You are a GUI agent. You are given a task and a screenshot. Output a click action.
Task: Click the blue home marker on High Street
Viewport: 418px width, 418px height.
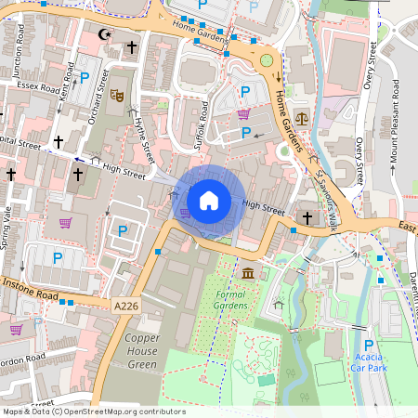tap(209, 200)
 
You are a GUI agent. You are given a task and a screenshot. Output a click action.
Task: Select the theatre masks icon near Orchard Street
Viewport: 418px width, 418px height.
tap(117, 94)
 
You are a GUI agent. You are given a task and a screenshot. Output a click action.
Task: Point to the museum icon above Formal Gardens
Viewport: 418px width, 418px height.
tap(249, 273)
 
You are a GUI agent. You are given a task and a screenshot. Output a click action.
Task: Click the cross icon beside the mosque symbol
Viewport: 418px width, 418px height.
tap(132, 46)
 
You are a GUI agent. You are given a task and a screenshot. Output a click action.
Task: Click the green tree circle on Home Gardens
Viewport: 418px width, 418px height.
tap(267, 61)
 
